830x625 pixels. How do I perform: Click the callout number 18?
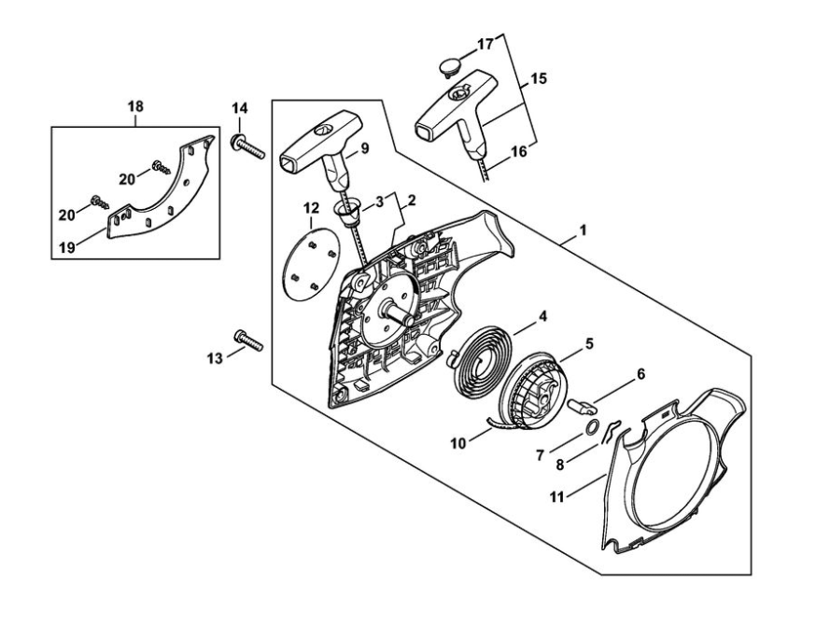pos(135,107)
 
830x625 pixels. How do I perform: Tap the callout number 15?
pos(539,80)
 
